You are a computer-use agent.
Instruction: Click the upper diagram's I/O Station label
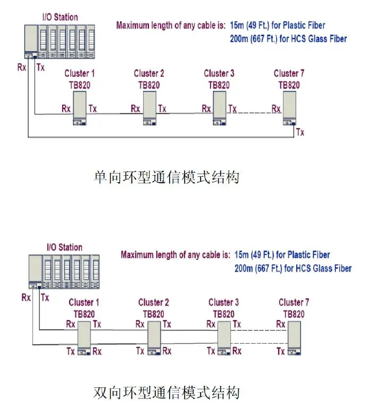(60, 17)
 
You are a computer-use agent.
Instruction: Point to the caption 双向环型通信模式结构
(166, 393)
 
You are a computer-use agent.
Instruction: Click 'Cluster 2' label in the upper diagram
(149, 73)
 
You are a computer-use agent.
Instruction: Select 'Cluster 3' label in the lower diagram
(221, 303)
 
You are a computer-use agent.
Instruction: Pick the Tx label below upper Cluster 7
(301, 132)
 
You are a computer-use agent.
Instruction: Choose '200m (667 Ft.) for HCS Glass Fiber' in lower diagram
(293, 268)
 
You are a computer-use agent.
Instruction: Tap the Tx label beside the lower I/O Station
(45, 297)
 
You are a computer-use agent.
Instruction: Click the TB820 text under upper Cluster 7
(289, 85)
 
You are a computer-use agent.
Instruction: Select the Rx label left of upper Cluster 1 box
(66, 109)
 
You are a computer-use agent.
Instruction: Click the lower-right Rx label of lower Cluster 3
(237, 351)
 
